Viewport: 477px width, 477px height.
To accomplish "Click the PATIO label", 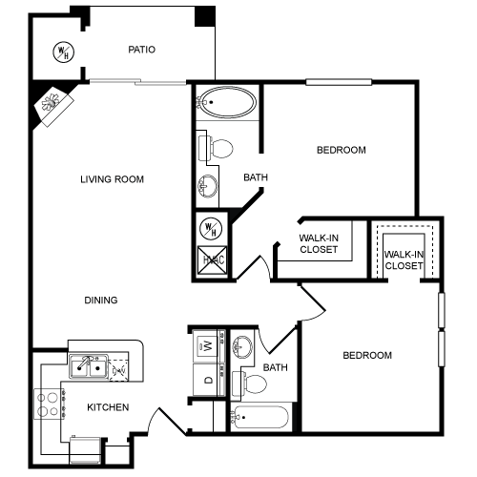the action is point(141,50).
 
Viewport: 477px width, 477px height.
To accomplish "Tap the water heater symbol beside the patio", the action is point(64,52).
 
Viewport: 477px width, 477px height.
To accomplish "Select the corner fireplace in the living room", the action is point(54,104).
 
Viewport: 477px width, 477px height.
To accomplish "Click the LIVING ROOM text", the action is point(112,179).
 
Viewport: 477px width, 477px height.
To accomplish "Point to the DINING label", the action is point(101,301).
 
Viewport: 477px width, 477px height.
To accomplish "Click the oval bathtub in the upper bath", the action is point(227,102).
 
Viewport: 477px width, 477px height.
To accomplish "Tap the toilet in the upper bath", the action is point(216,148).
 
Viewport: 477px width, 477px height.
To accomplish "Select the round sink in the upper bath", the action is point(208,186).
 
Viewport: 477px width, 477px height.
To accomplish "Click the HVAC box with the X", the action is point(213,259).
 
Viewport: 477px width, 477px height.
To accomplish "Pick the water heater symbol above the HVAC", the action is point(211,229).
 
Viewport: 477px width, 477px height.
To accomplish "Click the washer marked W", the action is point(207,345).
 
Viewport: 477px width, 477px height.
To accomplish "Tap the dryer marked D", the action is point(208,380).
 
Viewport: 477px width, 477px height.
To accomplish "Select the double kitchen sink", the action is point(89,366).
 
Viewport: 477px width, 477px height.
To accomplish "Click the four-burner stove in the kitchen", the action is point(50,404).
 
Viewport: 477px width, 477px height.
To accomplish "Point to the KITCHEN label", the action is point(108,407).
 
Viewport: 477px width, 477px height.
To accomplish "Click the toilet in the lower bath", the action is point(249,384).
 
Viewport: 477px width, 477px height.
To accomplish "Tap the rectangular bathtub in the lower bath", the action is point(260,417).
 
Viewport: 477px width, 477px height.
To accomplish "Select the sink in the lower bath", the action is point(242,346).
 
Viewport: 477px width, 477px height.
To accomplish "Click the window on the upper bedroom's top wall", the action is point(339,82).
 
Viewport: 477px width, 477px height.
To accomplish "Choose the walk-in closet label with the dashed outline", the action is point(404,260).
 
